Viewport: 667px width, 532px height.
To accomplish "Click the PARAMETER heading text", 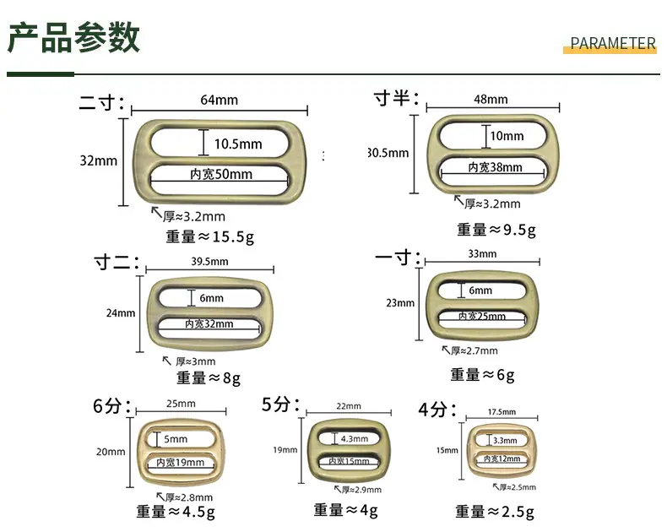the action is coord(613,43).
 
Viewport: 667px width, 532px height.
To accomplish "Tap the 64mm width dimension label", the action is coord(219,100).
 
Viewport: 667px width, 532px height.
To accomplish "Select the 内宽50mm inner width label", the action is coord(221,174).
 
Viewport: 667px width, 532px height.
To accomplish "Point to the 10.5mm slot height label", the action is coord(238,144).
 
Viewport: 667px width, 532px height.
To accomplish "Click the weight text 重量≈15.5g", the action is coord(210,236).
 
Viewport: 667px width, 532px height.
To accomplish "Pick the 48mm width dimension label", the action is coord(491,100).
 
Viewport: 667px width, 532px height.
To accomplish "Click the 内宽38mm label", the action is coord(495,167).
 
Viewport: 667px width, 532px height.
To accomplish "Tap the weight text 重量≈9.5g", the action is coord(496,230).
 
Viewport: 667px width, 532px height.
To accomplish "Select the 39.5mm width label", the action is coord(209,261).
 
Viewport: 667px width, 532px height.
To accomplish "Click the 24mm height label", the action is coord(121,313).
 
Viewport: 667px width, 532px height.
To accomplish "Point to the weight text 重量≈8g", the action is coord(209,378).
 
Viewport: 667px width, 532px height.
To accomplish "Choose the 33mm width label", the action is coord(482,254).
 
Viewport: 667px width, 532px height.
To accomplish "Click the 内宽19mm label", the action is coord(181,462).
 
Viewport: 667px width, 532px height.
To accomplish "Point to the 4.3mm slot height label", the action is coord(355,439).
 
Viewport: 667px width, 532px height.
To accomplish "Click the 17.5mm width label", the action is coord(502,412).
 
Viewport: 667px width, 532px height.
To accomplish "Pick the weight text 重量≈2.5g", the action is coord(495,512).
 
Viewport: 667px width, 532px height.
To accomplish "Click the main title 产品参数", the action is coord(73,38).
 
